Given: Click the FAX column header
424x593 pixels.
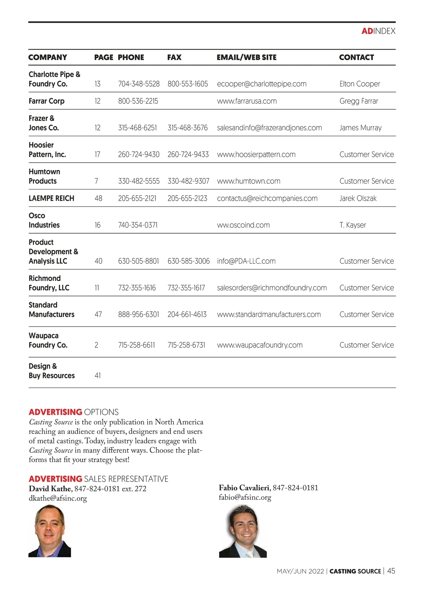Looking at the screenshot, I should [x=174, y=57].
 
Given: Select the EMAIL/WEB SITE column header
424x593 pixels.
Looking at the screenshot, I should [x=247, y=57].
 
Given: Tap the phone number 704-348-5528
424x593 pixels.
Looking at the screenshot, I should [x=139, y=84].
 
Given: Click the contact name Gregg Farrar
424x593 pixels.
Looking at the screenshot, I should [x=359, y=101].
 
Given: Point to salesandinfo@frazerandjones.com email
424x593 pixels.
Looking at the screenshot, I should [x=269, y=128].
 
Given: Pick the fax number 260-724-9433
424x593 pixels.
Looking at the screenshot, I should [x=188, y=154].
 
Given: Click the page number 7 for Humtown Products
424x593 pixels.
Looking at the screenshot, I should [x=96, y=181].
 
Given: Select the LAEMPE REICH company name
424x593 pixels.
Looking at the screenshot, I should [x=52, y=198].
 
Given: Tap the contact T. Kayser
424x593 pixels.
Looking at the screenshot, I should [x=353, y=225].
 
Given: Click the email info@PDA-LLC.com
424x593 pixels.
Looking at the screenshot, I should [x=246, y=261].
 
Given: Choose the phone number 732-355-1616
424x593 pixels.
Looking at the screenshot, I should [x=137, y=288].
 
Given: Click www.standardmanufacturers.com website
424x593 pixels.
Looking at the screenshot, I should [x=269, y=314].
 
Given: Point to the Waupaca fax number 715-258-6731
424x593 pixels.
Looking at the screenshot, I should [x=186, y=345].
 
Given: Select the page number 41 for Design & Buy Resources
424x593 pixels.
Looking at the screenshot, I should [x=98, y=375].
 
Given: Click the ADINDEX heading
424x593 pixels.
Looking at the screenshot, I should [x=378, y=31].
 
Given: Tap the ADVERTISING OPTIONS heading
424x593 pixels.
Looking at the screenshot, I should [x=73, y=412].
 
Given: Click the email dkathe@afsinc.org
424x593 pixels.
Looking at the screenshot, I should [x=58, y=498].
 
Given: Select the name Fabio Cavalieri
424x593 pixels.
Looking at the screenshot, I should [x=244, y=488].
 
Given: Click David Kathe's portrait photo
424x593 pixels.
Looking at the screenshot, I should [x=50, y=531].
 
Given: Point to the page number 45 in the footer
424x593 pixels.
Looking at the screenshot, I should [x=391, y=571].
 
